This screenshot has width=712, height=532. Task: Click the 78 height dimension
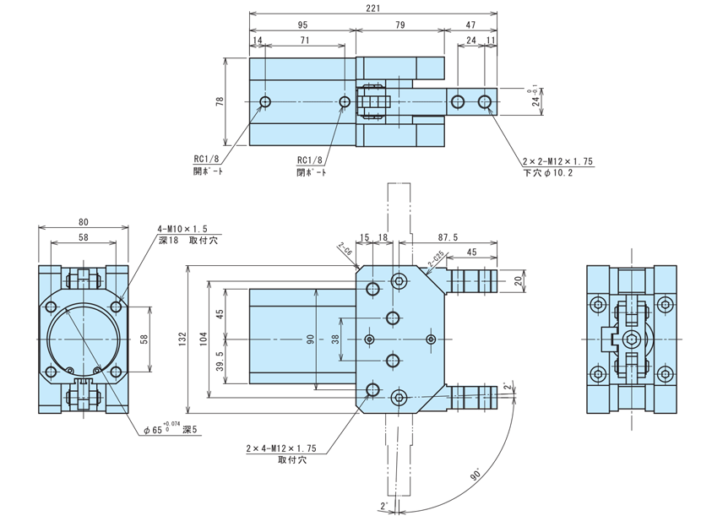220,101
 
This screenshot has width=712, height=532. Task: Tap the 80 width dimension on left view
82,223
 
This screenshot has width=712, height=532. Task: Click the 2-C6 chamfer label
345,251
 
